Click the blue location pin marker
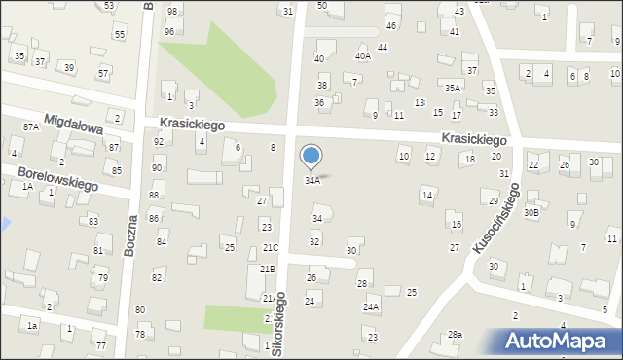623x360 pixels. [311, 157]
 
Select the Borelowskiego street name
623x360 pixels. [58, 177]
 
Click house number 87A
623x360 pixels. [31, 127]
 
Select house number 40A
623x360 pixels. [362, 56]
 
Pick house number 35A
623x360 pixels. [453, 88]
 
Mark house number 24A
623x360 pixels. [371, 306]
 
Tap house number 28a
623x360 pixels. [455, 335]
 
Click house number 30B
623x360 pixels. [531, 212]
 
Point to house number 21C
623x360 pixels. [270, 248]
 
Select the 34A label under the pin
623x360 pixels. [312, 181]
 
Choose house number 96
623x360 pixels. [168, 31]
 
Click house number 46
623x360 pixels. [390, 25]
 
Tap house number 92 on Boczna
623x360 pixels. [159, 142]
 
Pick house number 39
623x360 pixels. [69, 67]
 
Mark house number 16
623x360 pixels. [456, 225]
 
